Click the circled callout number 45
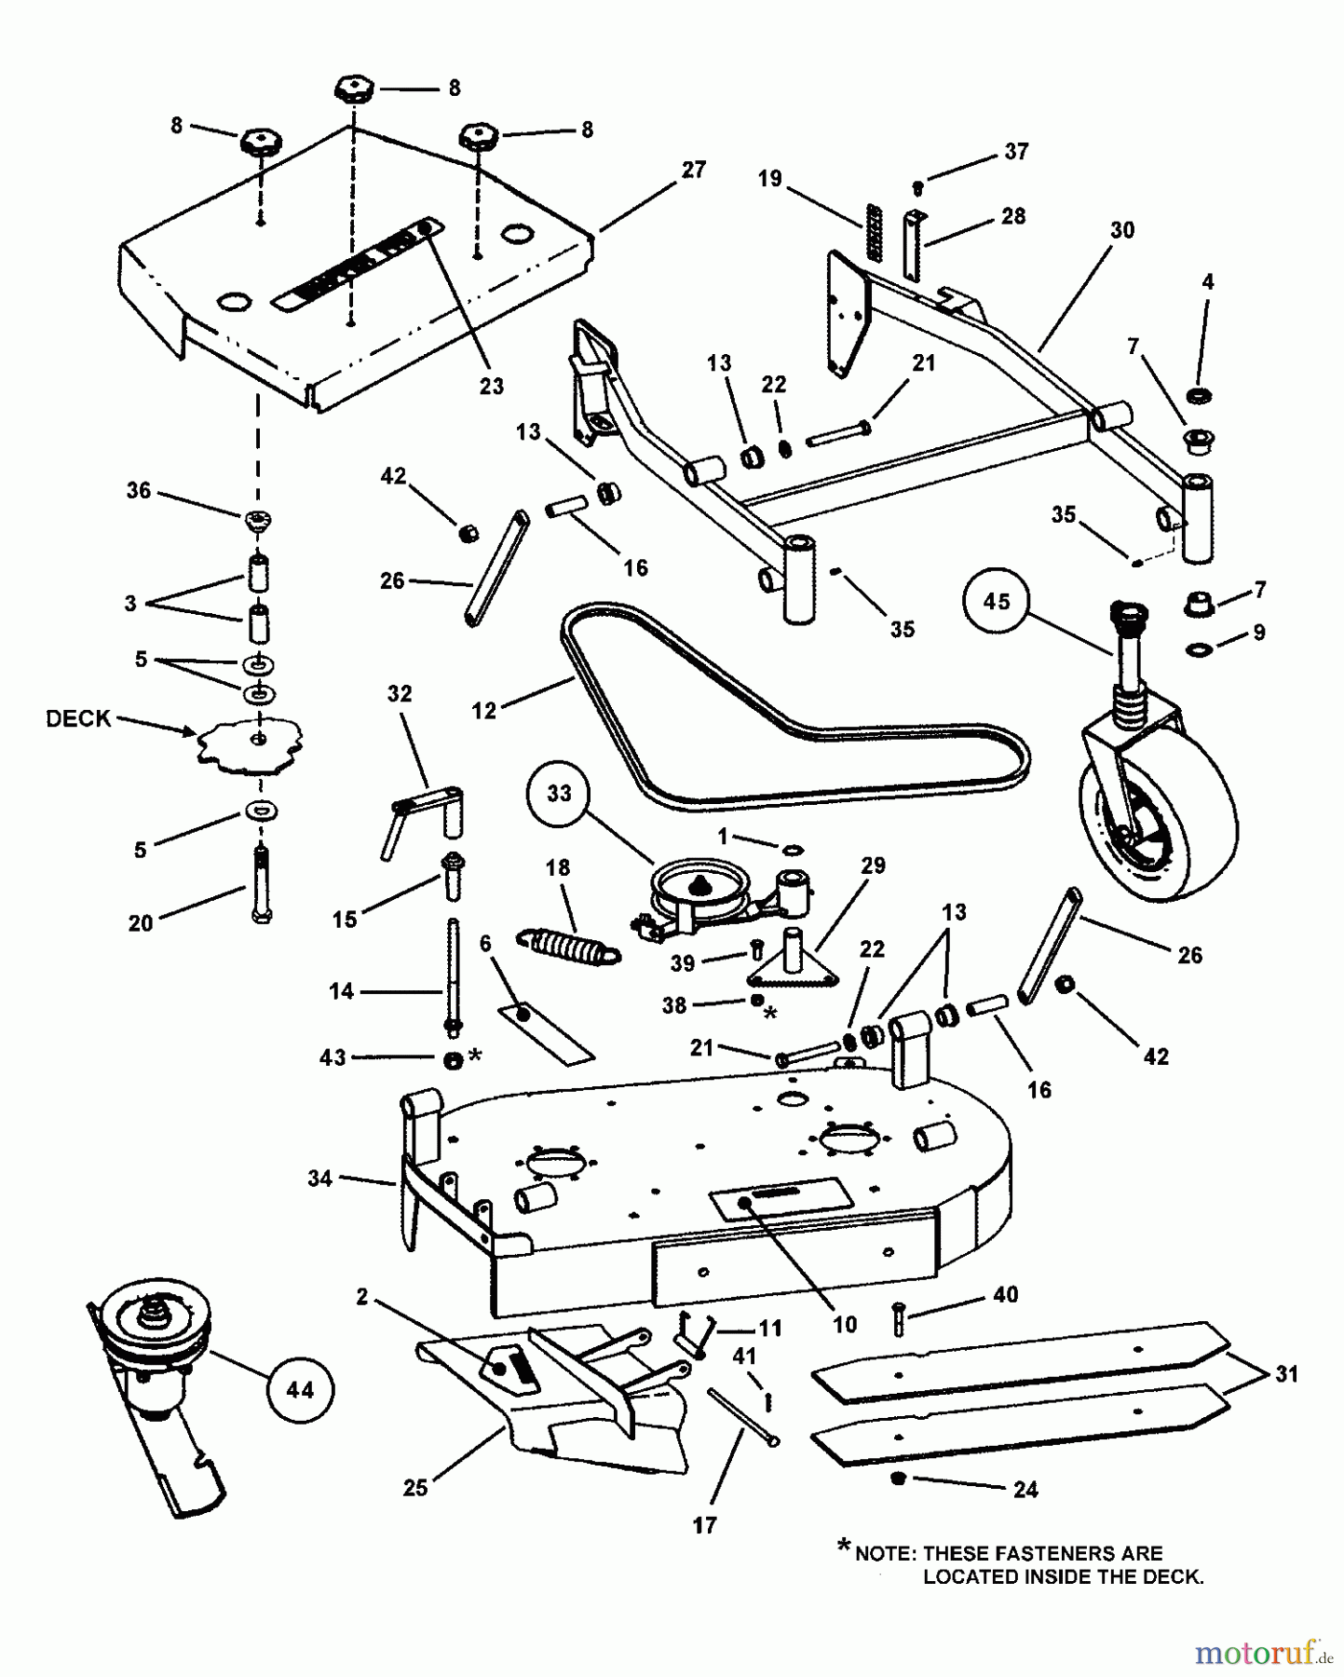997,601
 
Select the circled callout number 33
559,793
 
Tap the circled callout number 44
299,1390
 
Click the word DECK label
78,718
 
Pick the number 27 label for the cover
694,170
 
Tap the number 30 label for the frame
1122,229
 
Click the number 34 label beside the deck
319,1179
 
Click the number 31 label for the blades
1286,1374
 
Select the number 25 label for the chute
415,1488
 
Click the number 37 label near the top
1016,151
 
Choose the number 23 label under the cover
491,386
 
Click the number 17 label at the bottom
705,1525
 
